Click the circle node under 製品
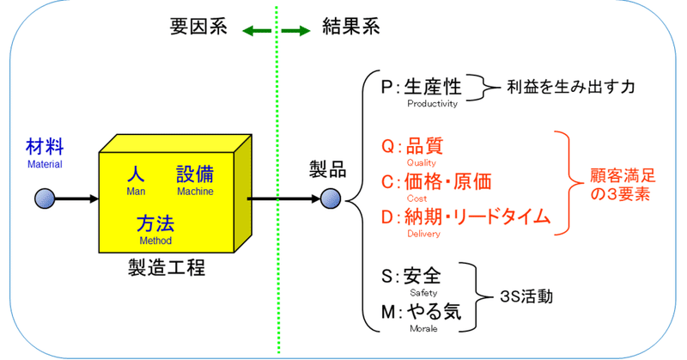point(331,201)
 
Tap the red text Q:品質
point(412,145)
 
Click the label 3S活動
point(526,296)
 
